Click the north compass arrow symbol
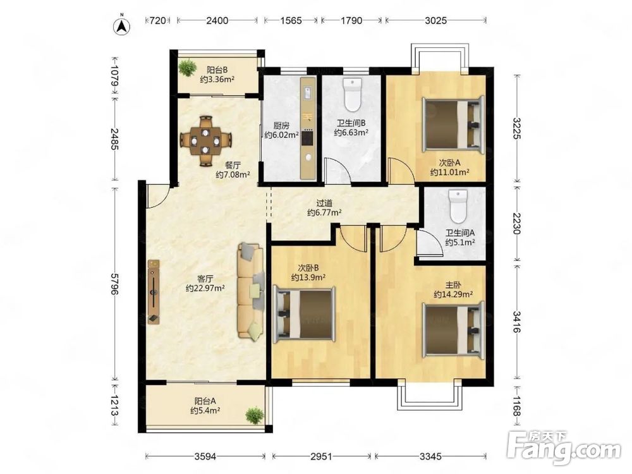click(123, 25)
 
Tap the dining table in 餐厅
click(205, 141)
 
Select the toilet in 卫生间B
click(353, 95)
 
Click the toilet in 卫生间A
click(458, 207)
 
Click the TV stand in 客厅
click(153, 291)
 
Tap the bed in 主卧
click(453, 330)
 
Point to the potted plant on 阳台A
click(255, 415)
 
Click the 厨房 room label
click(282, 126)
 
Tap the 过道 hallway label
click(324, 204)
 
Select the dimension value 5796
click(115, 284)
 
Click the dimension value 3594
click(205, 456)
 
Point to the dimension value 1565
click(291, 20)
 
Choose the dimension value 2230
click(517, 224)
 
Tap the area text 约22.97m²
click(205, 288)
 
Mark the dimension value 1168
click(517, 405)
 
